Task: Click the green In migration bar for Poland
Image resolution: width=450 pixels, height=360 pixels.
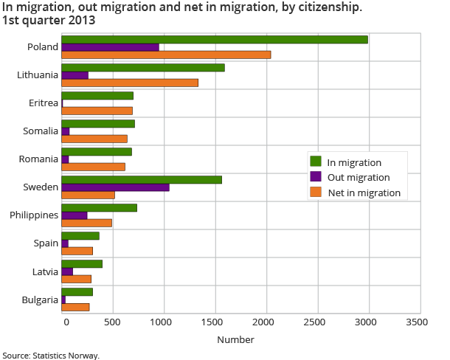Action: point(214,39)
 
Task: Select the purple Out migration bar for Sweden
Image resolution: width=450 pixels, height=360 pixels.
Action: point(115,187)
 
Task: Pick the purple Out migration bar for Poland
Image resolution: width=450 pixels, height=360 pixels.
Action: point(110,47)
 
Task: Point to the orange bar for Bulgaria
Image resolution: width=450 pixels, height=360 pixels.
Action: point(75,307)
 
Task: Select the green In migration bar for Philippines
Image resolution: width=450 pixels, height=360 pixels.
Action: point(99,207)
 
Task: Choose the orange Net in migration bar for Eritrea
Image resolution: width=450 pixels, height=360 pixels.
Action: point(97,111)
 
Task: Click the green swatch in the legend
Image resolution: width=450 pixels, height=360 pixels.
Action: point(316,162)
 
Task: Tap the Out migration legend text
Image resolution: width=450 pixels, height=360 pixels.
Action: point(359,178)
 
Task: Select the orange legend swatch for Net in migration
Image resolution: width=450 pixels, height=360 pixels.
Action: point(316,193)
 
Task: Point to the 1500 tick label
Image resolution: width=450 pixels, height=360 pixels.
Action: point(215,323)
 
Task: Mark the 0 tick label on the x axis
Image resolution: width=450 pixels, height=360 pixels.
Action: point(66,323)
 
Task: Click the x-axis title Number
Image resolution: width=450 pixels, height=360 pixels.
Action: point(235,340)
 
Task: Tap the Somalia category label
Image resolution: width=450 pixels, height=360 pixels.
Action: point(41,131)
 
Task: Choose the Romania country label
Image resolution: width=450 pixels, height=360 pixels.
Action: point(40,159)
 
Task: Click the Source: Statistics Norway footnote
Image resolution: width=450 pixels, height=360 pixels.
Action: point(50,355)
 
